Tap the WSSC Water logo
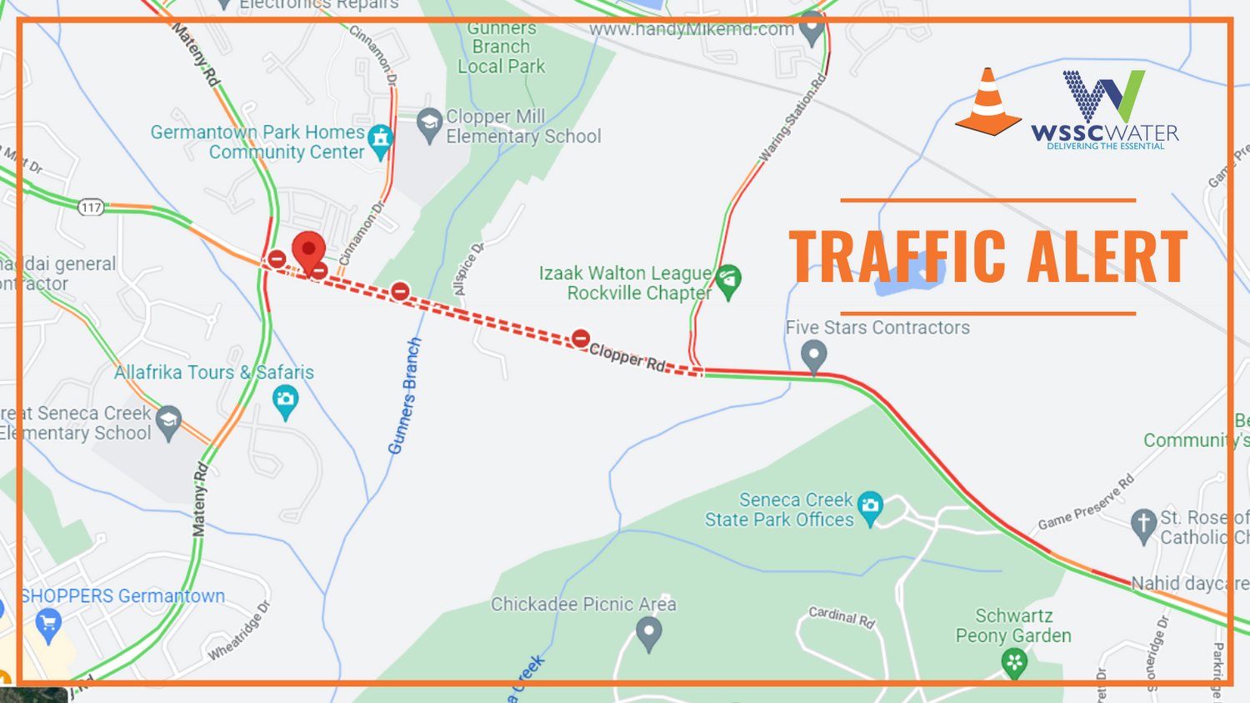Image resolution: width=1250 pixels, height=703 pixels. [1105, 108]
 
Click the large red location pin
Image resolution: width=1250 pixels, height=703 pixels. [308, 251]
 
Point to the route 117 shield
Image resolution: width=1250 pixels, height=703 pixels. [91, 207]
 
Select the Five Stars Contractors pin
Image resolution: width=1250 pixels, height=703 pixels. [813, 355]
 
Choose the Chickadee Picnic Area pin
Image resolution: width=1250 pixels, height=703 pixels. [648, 633]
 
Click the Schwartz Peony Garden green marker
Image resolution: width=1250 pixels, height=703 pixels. [1014, 664]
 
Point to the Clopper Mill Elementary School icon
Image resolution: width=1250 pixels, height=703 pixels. [428, 124]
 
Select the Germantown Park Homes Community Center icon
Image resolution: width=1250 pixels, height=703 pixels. [381, 140]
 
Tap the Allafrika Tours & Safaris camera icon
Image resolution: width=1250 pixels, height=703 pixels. [285, 401]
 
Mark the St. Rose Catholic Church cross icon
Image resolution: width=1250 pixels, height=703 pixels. [1143, 525]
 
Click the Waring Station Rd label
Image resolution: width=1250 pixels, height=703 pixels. [792, 118]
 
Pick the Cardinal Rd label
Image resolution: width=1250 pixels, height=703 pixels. [842, 616]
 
